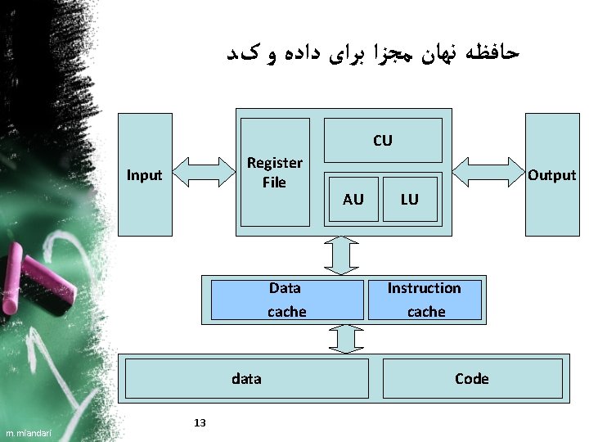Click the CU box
[x=383, y=140]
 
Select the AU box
[x=353, y=199]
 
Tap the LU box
[x=409, y=199]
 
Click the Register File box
[x=274, y=172]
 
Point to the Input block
[x=145, y=174]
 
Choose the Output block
[x=552, y=174]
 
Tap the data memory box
[x=246, y=378]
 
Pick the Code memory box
[x=472, y=378]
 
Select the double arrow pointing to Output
[x=488, y=173]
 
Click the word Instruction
[x=424, y=288]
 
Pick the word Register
[x=274, y=163]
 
